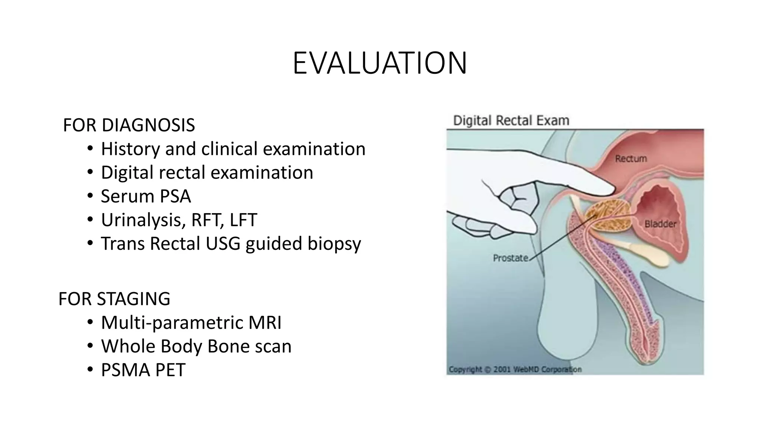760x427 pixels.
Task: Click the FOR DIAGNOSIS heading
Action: pyautogui.click(x=129, y=125)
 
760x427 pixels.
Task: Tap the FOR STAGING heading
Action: pyautogui.click(x=114, y=299)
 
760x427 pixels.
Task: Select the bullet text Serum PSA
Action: pyautogui.click(x=146, y=196)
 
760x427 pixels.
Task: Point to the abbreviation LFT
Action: pyautogui.click(x=243, y=220)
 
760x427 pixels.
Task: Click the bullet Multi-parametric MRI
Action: pyautogui.click(x=191, y=322)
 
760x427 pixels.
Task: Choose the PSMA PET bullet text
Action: pyautogui.click(x=143, y=370)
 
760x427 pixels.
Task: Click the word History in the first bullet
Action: pyautogui.click(x=130, y=149)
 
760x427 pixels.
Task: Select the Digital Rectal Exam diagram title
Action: pyautogui.click(x=511, y=121)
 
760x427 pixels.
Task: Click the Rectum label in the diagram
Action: pyautogui.click(x=630, y=159)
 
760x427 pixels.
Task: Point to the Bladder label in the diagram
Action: pyautogui.click(x=660, y=224)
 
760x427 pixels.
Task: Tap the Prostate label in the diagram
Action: pyautogui.click(x=510, y=258)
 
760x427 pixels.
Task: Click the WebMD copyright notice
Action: pyautogui.click(x=515, y=369)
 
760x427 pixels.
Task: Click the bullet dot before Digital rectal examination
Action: pyautogui.click(x=90, y=173)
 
